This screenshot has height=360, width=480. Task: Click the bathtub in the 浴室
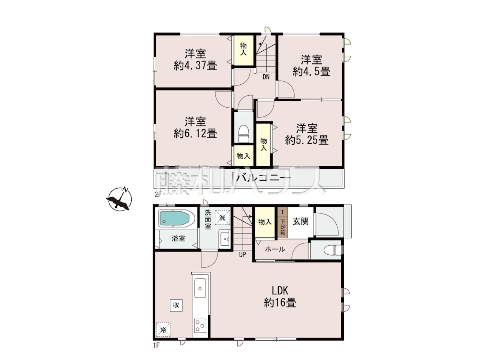pos(177,219)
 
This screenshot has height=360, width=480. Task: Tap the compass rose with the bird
pos(120,199)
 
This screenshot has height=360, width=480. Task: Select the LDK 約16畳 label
pos(280,297)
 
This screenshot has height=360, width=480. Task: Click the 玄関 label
pos(301,222)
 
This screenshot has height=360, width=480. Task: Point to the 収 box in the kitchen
pos(176,305)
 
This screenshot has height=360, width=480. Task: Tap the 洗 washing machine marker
pos(222,217)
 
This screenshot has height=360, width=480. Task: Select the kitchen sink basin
pos(200,288)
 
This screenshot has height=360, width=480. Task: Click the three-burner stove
pos(200,326)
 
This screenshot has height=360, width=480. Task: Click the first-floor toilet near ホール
pos(333,250)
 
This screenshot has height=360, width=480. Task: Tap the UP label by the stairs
pos(243,254)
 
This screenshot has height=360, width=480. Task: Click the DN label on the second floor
pos(266,77)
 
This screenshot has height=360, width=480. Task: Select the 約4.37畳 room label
pos(195,60)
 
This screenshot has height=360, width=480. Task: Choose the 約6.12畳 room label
pos(195,127)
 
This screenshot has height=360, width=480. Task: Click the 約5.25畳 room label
pos(307,134)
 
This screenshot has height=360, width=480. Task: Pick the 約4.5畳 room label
pos(311,66)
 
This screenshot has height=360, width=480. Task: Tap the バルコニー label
pos(264,178)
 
